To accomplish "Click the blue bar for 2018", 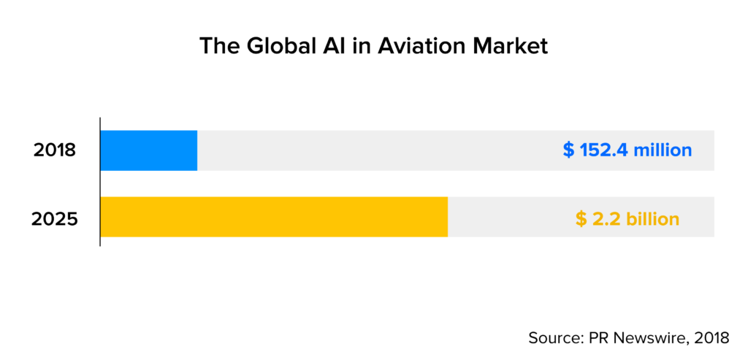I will click(x=149, y=150).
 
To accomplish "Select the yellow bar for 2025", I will click(x=274, y=217).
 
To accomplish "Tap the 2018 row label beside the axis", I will click(x=55, y=151).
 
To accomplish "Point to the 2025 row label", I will click(x=55, y=218).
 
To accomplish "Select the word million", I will click(x=662, y=150).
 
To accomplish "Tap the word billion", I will click(x=652, y=218).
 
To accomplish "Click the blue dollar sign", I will click(x=569, y=150).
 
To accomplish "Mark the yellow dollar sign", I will click(x=581, y=218).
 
